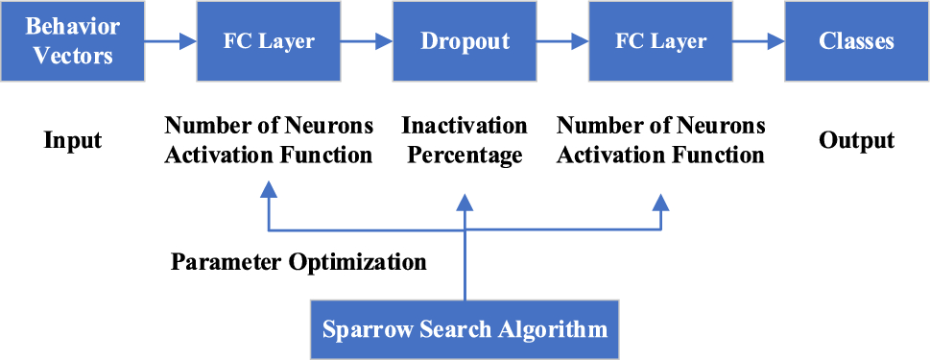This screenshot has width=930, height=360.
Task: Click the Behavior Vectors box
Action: pos(72,41)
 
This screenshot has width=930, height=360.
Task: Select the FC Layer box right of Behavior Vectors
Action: pos(269,41)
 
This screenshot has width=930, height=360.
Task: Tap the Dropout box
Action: pos(465,41)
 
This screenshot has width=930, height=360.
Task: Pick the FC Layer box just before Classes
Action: pos(661,41)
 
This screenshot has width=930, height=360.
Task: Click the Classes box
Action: pos(857,41)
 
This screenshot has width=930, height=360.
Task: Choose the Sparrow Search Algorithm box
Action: pos(465,329)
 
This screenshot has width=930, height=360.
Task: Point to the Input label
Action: pos(73,140)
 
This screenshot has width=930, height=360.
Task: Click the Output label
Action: pos(857,140)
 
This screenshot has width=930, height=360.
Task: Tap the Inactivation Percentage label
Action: pos(465,140)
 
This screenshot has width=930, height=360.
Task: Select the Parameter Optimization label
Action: pos(298,261)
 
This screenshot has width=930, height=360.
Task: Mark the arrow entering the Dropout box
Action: pos(367,41)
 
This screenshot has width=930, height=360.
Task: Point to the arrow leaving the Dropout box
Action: pos(562,41)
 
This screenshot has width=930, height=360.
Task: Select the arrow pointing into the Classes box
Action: pos(758,41)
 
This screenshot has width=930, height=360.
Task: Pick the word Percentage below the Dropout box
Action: pos(465,155)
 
